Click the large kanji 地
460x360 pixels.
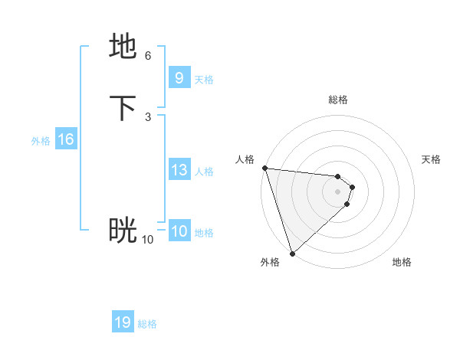point(123,47)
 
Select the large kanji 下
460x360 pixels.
point(123,108)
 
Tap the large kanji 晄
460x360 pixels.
point(123,231)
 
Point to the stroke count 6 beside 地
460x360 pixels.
point(147,56)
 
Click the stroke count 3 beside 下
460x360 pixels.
point(147,117)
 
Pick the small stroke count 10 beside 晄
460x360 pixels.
point(147,240)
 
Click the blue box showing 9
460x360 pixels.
point(179,78)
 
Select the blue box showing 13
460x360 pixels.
point(179,170)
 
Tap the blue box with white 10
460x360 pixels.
point(179,231)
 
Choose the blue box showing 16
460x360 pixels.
point(66,139)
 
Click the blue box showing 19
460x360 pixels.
point(123,322)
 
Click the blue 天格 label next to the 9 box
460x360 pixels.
point(204,80)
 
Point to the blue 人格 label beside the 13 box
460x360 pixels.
point(204,172)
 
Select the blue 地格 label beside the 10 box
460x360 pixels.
point(204,233)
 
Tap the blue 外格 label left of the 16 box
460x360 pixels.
point(41,141)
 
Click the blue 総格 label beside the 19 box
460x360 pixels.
point(147,324)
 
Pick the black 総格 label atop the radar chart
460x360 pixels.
point(338,100)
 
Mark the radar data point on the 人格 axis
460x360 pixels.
point(264,168)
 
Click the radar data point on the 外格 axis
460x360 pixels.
point(292,254)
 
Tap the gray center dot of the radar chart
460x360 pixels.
point(338,191)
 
